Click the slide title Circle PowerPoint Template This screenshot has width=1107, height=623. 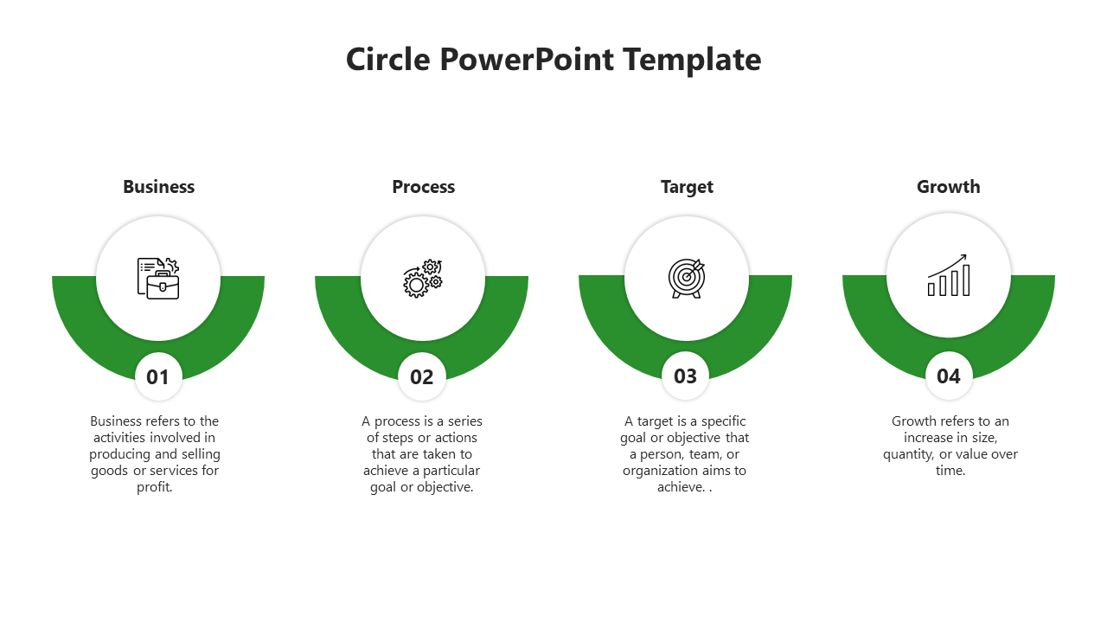pos(553,60)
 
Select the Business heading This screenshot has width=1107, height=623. pos(158,187)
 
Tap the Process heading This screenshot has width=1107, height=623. pos(423,187)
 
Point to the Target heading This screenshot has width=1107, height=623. pos(687,187)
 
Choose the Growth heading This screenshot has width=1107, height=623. pos(948,187)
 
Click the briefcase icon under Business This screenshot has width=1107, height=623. pos(158,278)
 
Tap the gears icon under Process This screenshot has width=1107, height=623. pos(423,279)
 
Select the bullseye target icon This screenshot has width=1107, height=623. pos(687,278)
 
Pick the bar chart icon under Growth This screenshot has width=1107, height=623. pos(948,276)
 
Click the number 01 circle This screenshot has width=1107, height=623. pos(158,376)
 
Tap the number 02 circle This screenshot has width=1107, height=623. pos(422,376)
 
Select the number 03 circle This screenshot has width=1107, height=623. pos(686,376)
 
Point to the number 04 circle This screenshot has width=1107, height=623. pos(949,376)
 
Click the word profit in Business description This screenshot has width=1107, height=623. pos(153,487)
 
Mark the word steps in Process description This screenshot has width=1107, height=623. pos(397,438)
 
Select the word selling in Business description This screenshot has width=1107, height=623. pos(201,454)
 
